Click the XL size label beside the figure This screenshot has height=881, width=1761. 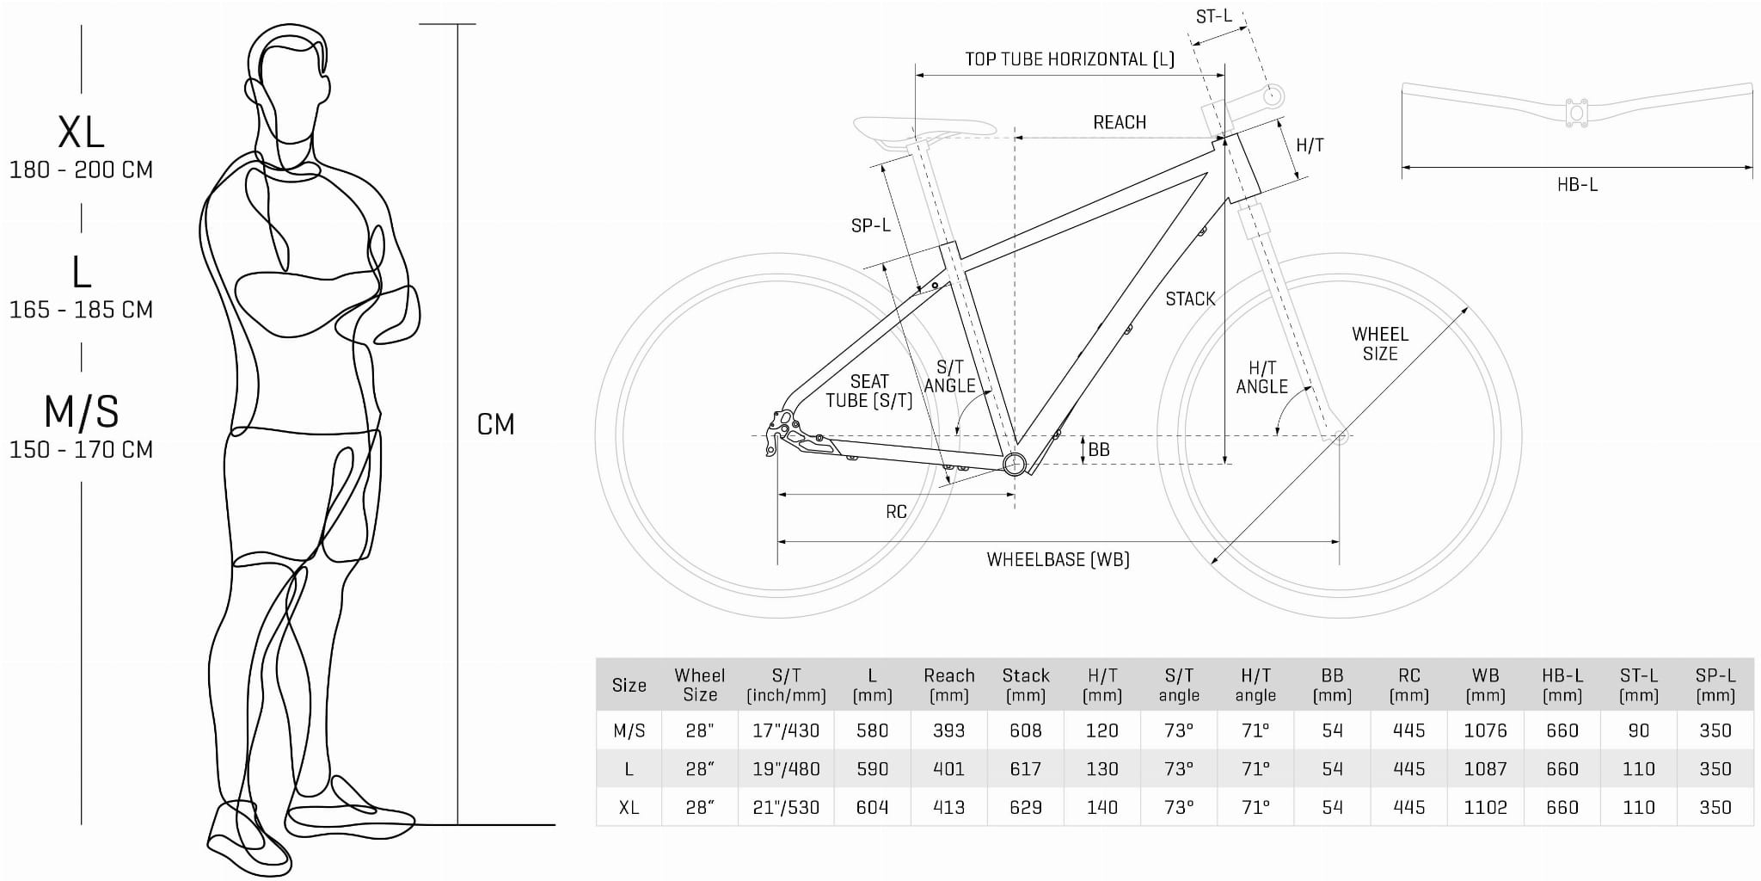[81, 132]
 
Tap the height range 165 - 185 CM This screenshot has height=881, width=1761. [81, 310]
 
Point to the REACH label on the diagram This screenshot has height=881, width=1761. [1119, 123]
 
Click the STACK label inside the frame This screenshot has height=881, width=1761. [1190, 299]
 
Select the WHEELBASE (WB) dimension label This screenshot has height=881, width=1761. [1058, 560]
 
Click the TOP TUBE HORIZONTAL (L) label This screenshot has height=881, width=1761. [1069, 59]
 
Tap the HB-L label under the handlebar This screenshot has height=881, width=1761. [1577, 184]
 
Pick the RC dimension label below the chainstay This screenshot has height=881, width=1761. [896, 512]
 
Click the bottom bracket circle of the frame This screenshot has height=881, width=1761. [1015, 464]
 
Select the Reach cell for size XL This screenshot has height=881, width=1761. [948, 807]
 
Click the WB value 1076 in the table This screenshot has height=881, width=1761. [1485, 730]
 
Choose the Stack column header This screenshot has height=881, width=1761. [1025, 685]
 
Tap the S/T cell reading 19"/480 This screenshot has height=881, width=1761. [786, 769]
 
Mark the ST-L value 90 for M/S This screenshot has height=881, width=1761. [1638, 730]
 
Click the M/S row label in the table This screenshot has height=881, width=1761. [629, 730]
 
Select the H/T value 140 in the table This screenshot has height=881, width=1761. [1101, 807]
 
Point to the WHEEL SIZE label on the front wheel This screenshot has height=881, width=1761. [1379, 343]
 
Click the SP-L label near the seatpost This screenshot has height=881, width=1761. [870, 225]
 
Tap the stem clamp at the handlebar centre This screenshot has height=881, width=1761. [1576, 113]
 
